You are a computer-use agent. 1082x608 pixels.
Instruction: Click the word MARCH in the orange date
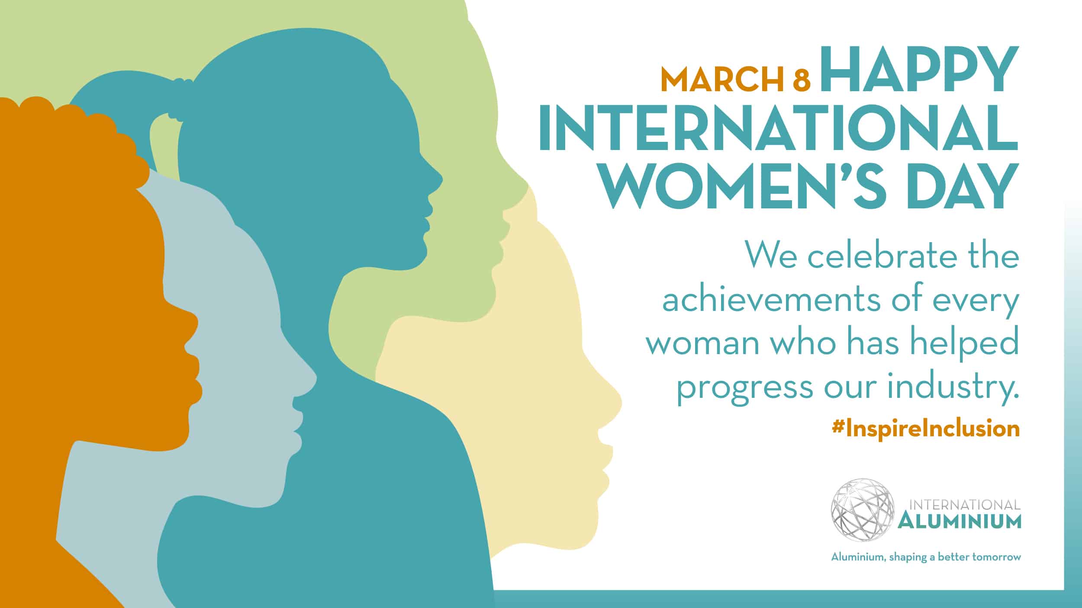pos(722,80)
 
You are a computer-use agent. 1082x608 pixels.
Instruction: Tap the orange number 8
pos(802,80)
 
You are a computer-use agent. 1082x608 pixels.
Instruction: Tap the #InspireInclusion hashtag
pos(925,429)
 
